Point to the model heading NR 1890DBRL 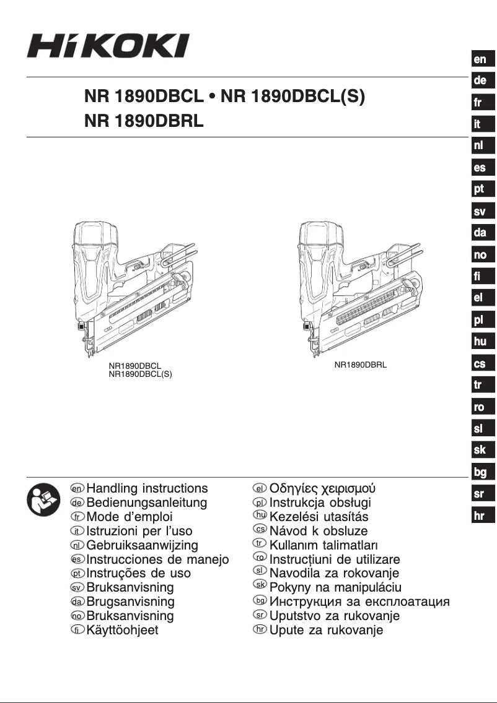point(144,121)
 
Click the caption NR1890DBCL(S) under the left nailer point(141,374)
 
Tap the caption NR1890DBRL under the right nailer point(361,365)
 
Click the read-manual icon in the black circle point(42,501)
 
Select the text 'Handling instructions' point(147,489)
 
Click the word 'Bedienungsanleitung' point(147,503)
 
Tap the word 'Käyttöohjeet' point(123,631)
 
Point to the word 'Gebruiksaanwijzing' point(143,545)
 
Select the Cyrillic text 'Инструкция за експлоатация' point(359,602)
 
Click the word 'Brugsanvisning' point(131,602)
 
